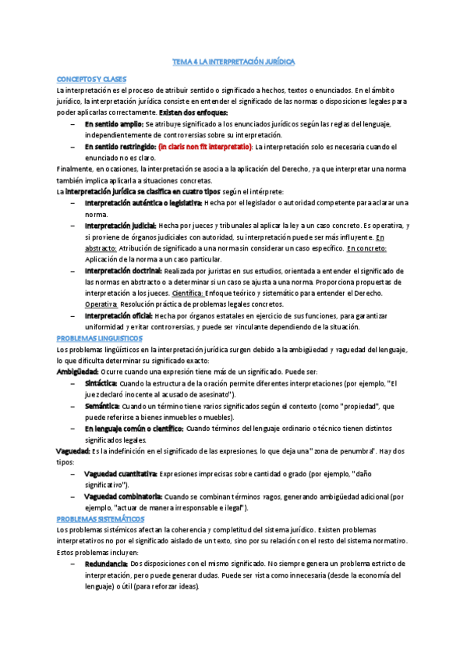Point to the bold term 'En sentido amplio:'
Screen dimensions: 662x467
[x=114, y=124]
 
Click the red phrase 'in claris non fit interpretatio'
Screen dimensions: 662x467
[x=205, y=147]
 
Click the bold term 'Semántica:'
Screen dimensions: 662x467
[x=102, y=406]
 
